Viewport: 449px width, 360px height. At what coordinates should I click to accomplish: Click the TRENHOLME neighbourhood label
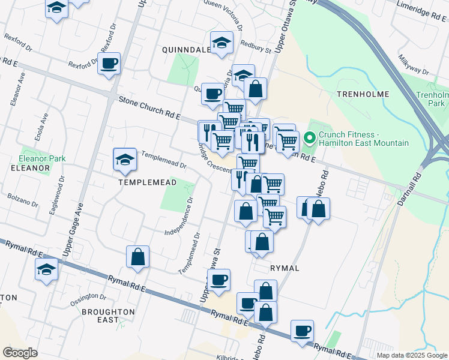click(363, 94)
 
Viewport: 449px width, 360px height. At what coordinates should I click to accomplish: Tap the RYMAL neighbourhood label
click(285, 268)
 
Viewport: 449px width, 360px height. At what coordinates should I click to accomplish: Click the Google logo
click(20, 353)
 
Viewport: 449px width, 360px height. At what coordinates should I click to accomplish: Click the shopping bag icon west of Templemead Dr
click(138, 257)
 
